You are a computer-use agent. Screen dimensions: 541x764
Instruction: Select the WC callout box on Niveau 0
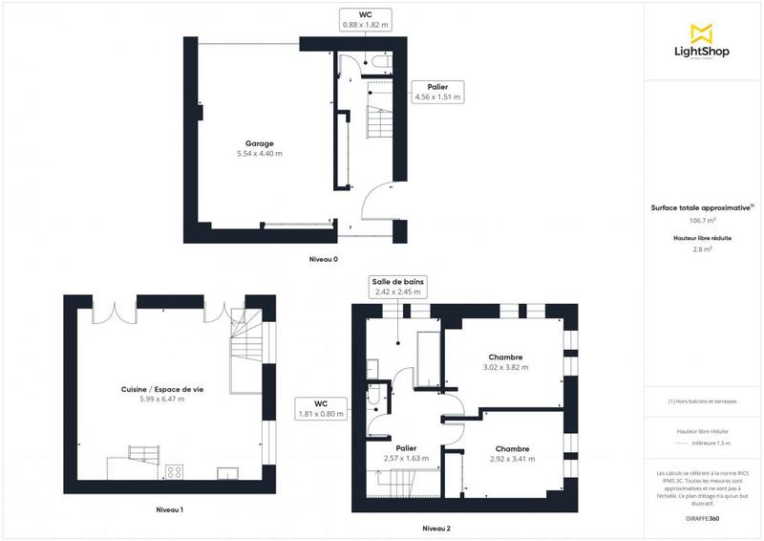coord(365,20)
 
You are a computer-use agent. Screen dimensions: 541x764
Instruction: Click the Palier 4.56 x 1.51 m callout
coord(437,92)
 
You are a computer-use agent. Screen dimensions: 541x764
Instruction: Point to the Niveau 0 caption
coord(323,259)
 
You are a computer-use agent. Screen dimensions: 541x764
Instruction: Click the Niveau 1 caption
coord(169,509)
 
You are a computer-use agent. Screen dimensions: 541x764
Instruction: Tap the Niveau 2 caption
coord(436,529)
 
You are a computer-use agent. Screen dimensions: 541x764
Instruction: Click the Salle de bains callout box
coord(398,287)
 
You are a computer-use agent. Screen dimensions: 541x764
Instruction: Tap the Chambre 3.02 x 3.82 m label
coord(505,362)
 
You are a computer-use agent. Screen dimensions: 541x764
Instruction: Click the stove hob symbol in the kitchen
coord(176,470)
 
